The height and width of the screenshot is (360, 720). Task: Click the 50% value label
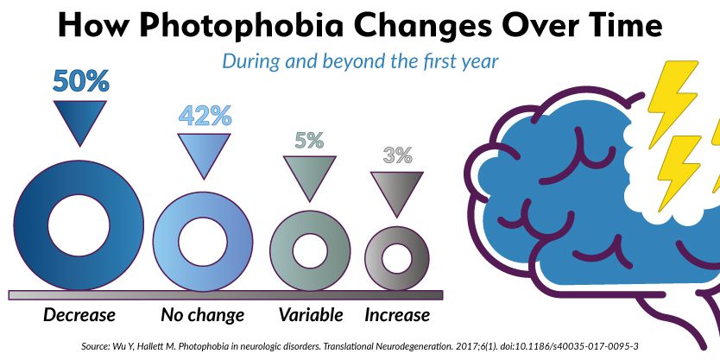(80, 81)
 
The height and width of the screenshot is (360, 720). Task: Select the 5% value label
(308, 140)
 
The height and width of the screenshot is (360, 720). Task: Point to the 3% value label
(397, 156)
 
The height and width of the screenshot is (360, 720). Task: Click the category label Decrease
(79, 314)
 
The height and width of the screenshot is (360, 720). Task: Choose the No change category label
(203, 314)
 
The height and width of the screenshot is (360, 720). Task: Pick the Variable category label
(311, 314)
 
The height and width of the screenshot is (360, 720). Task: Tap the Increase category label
(397, 314)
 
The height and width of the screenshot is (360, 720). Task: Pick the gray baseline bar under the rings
(224, 294)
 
